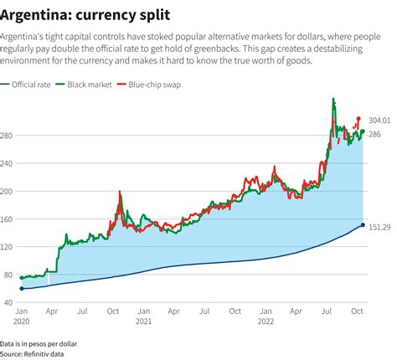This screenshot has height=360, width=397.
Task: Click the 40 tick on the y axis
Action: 8,302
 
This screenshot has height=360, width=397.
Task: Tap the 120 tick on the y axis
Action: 9,246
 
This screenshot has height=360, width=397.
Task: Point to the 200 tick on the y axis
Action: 9,191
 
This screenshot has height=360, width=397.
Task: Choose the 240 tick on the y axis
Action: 9,163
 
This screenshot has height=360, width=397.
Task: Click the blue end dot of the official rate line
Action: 362,224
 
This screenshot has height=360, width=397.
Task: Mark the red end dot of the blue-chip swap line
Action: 358,119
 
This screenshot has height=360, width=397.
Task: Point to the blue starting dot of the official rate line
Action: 22,288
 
